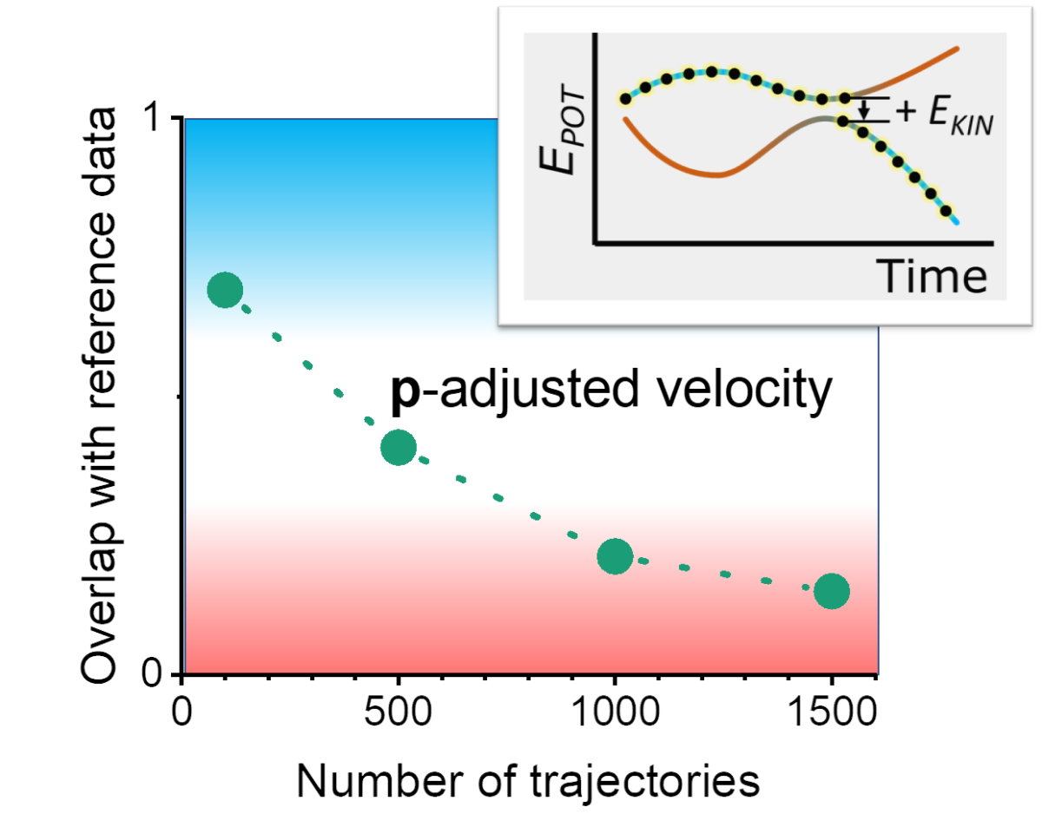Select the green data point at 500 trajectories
click(399, 447)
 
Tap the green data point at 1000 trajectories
click(615, 556)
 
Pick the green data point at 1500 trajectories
click(832, 591)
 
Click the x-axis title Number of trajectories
click(528, 781)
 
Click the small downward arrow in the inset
click(864, 110)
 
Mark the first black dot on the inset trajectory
click(624, 99)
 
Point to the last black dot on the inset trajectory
click(945, 211)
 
